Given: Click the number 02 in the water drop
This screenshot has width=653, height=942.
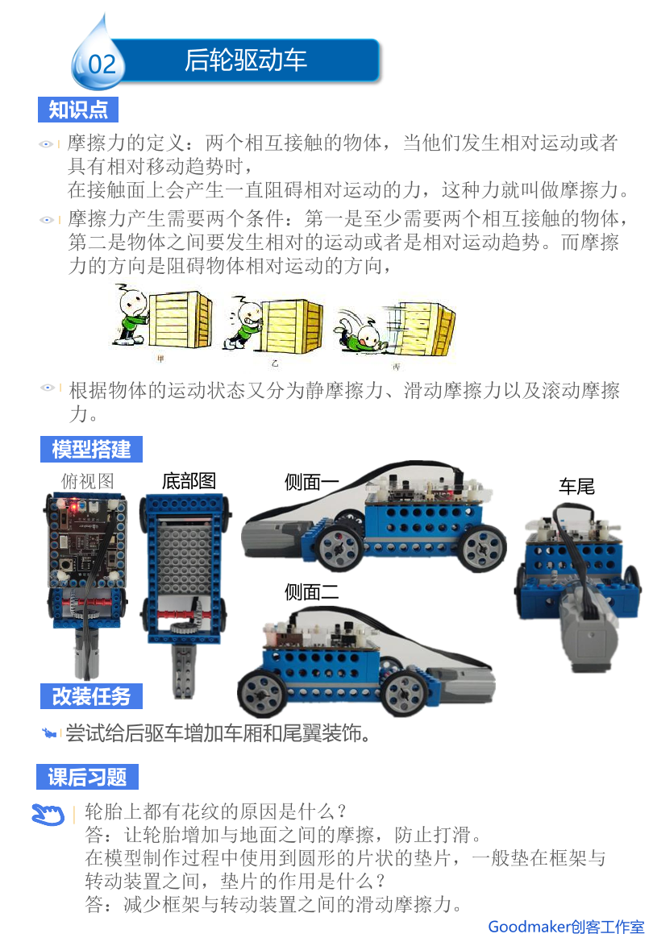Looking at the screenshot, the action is (x=102, y=64).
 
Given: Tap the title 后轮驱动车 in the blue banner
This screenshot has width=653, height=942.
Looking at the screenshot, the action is (x=245, y=60).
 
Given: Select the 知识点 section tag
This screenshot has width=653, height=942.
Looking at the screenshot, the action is (x=78, y=110).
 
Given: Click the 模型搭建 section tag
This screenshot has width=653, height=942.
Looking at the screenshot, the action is (x=91, y=450).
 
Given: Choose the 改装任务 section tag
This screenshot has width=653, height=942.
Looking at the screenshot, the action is (x=91, y=696).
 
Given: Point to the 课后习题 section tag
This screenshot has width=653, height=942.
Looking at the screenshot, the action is (x=88, y=777).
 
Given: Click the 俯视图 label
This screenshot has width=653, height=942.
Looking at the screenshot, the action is (x=87, y=481).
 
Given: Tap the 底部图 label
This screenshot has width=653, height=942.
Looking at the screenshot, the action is (x=189, y=480).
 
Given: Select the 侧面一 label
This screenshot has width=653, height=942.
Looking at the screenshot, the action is (x=311, y=482).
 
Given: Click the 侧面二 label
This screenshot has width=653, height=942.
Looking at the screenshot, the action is (x=311, y=592).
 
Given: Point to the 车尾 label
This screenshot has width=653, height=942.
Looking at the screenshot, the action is (x=576, y=486).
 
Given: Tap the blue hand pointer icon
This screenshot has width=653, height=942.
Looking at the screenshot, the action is (x=48, y=814).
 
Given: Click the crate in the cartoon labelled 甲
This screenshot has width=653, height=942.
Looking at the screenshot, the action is (x=180, y=320).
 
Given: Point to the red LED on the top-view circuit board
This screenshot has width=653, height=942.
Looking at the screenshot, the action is (x=73, y=507).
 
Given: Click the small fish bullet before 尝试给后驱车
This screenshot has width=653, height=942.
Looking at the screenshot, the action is (x=49, y=733).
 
